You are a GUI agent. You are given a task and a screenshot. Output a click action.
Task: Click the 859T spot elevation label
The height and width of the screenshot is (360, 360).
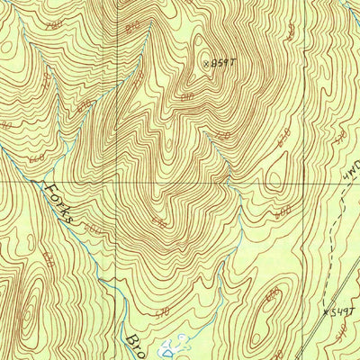tap(221, 63)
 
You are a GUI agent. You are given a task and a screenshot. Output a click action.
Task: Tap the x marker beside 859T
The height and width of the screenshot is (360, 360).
tap(206, 63)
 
